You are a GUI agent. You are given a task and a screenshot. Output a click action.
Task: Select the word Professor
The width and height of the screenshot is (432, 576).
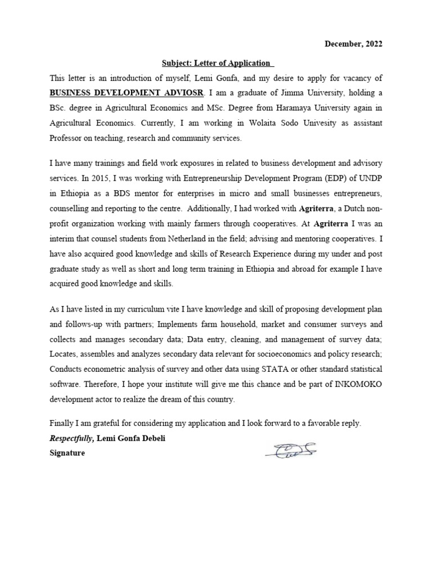(x=67, y=137)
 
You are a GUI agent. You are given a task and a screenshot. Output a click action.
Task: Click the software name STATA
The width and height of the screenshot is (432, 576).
(x=274, y=369)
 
